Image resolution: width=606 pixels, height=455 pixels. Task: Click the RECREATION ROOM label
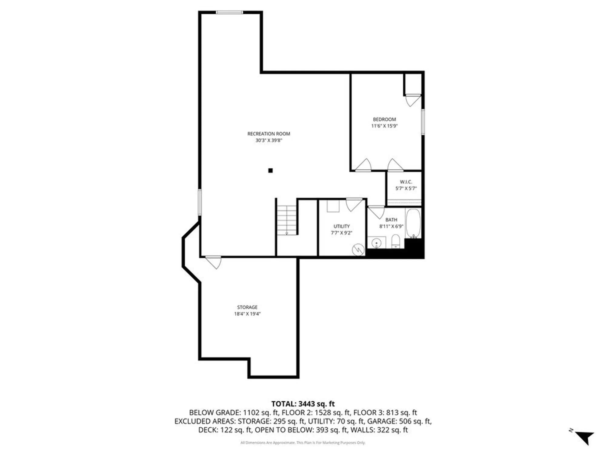(x=268, y=134)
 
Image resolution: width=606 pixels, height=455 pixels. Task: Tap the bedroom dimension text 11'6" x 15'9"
(x=384, y=126)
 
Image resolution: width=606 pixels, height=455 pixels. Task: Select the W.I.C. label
(x=406, y=182)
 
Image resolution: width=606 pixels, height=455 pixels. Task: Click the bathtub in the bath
(x=413, y=223)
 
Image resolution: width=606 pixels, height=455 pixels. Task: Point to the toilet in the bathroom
(x=396, y=242)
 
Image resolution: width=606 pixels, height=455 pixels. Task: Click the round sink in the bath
(x=376, y=243)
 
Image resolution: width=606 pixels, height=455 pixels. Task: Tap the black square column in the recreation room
(x=270, y=170)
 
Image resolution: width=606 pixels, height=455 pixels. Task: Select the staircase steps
(x=287, y=220)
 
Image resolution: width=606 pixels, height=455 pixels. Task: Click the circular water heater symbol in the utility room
(x=358, y=250)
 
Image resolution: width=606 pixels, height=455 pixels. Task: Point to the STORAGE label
(x=247, y=307)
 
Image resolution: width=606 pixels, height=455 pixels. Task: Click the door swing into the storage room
(x=214, y=262)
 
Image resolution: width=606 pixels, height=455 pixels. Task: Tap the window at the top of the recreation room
(x=229, y=12)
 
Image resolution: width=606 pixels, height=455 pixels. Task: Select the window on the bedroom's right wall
(x=423, y=122)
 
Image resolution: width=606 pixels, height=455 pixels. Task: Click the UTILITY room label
(x=341, y=226)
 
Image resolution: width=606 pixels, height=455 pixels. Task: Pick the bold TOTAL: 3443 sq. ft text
(x=303, y=404)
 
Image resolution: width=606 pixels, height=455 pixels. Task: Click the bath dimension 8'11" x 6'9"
(x=391, y=226)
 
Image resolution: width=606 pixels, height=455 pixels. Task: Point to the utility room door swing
(x=354, y=204)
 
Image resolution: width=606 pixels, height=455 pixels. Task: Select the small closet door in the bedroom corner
(x=413, y=100)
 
